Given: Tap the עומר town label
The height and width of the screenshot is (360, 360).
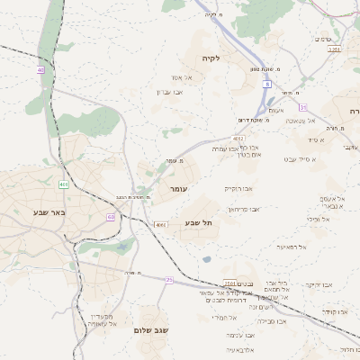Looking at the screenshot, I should tap(178, 191).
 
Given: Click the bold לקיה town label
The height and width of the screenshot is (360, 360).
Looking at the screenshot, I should tap(236, 58).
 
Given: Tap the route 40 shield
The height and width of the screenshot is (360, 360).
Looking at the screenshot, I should tap(40, 69).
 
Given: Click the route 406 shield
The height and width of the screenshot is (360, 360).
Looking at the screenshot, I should tap(64, 184).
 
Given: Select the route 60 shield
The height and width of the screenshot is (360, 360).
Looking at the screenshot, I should tap(111, 217).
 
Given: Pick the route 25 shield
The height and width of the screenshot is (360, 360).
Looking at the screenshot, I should tap(168, 280).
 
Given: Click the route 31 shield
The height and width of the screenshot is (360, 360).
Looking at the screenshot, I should tap(302, 107).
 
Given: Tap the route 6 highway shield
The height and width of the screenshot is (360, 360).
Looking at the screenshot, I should tap(267, 84).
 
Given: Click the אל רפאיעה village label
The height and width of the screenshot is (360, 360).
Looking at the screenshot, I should tap(292, 247).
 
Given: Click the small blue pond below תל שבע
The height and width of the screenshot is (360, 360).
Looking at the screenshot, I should tap(207, 259).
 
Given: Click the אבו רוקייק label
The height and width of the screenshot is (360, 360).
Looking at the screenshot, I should tap(238, 188).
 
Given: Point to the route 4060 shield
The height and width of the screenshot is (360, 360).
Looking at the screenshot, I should tap(160, 224).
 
